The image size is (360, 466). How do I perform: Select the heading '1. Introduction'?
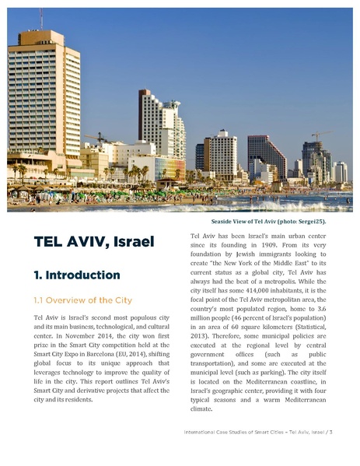pyautogui.click(x=76, y=275)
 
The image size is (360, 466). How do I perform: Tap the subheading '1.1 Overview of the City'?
pyautogui.click(x=82, y=300)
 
